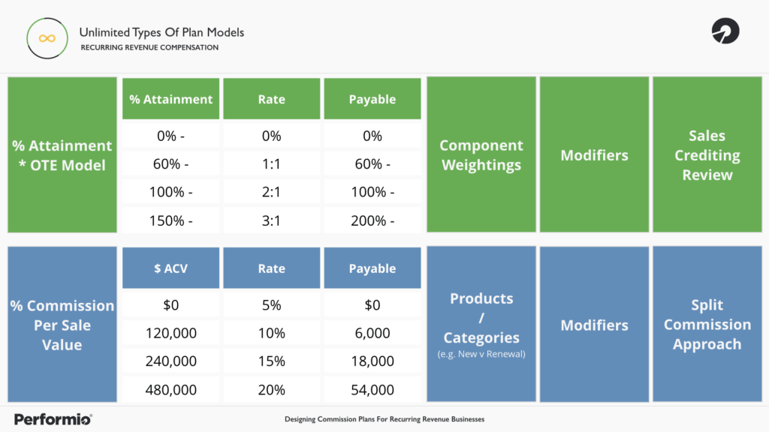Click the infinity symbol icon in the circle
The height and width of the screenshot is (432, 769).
[x=47, y=38]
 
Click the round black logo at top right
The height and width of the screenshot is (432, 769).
[x=725, y=31]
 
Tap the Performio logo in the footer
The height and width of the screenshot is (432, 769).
[x=53, y=418]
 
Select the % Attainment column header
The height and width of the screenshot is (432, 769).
[x=171, y=99]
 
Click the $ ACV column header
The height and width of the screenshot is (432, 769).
[x=171, y=268]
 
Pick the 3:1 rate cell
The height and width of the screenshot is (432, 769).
[x=272, y=220]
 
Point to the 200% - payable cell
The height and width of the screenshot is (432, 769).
[x=372, y=220]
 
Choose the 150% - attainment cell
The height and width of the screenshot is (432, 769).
[x=171, y=220]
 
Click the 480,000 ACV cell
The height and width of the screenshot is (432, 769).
[x=171, y=390]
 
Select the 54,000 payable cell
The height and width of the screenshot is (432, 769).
[x=372, y=390]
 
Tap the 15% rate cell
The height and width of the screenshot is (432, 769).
[x=272, y=361]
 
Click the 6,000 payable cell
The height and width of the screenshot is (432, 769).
[x=372, y=333]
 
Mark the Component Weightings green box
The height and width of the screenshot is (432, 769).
[x=481, y=155]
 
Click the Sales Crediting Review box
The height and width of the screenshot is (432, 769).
[x=707, y=155]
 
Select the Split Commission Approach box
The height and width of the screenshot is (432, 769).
[x=707, y=325]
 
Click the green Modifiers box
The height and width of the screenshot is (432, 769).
[x=594, y=155]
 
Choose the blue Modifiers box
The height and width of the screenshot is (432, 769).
[x=594, y=325]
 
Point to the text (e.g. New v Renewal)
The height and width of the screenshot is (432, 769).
[x=481, y=354]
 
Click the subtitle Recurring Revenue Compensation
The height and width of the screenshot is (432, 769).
[x=149, y=47]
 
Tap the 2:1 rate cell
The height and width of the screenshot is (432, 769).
[x=272, y=192]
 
